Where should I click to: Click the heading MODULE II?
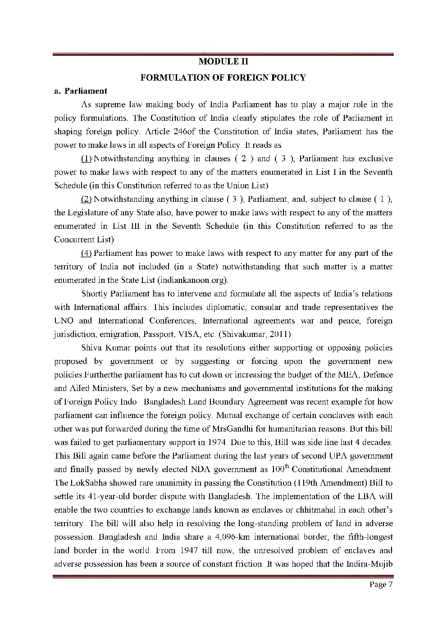223,61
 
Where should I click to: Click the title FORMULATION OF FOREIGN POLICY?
223,77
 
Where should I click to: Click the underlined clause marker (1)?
87,159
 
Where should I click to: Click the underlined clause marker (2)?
87,199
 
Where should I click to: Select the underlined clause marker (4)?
87,253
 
